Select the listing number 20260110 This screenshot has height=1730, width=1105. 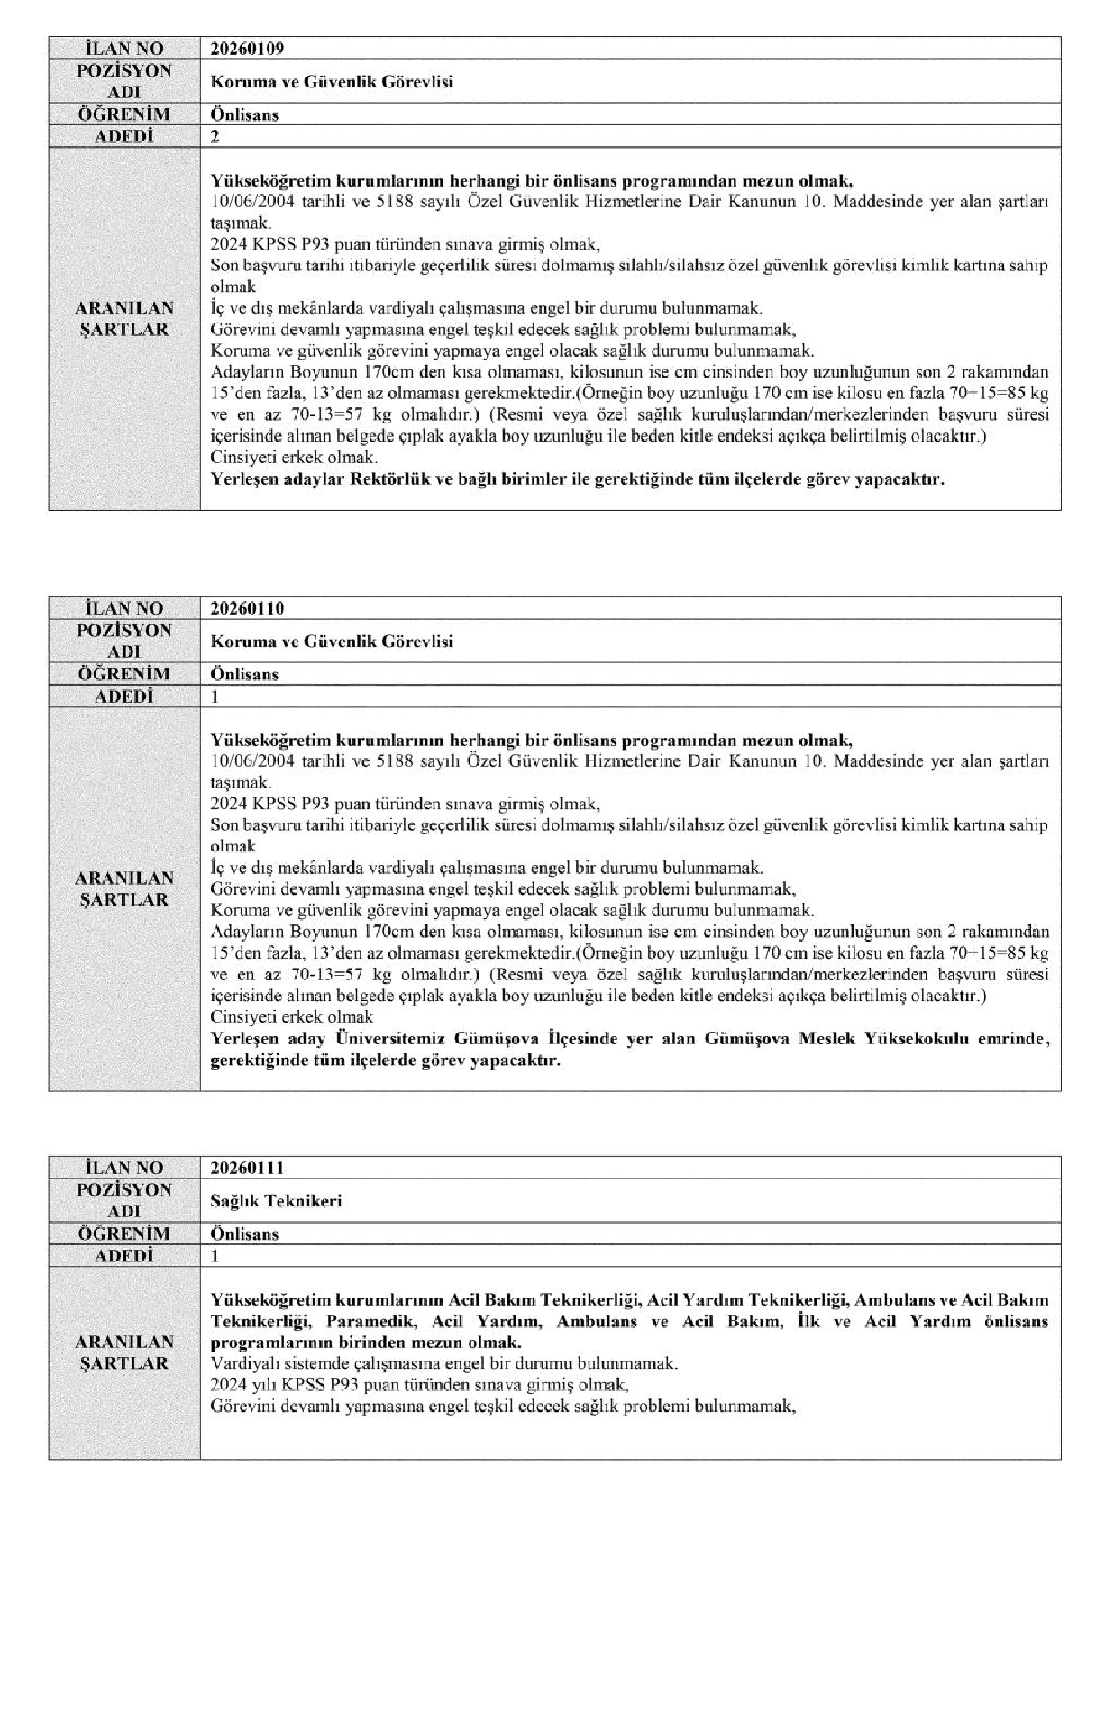[246, 608]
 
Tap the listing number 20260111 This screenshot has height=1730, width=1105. [246, 1168]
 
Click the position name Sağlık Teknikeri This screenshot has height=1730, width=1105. [276, 1201]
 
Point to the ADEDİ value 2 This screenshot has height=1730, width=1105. [215, 137]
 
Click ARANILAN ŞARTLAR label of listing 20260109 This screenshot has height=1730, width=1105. [124, 318]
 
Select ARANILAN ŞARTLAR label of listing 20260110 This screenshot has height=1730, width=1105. [124, 888]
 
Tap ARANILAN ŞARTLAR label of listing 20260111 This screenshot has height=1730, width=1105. [124, 1352]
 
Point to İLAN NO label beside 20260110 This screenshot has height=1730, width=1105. [124, 608]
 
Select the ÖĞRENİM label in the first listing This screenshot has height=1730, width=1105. [124, 114]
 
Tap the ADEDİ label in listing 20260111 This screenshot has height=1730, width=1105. [124, 1255]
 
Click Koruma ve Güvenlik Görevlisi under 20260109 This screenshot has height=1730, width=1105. [331, 82]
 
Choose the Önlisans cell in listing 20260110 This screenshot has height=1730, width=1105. [244, 674]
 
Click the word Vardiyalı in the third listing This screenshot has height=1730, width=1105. [241, 1363]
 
